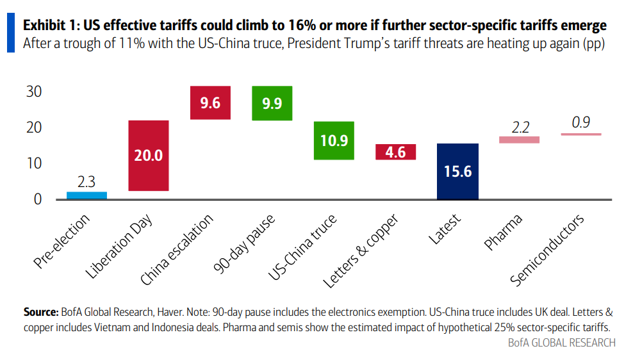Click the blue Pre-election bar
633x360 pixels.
click(86, 195)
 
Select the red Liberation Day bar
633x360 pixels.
click(149, 156)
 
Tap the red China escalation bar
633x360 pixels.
click(210, 102)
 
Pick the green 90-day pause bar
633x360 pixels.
click(272, 103)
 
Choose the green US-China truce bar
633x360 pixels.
click(334, 140)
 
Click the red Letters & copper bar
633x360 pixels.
click(395, 152)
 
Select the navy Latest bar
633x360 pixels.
click(457, 171)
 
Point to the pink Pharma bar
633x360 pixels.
click(519, 140)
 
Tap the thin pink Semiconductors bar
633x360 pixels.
click(580, 134)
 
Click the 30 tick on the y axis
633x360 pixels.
click(34, 92)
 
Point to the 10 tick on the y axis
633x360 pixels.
click(34, 163)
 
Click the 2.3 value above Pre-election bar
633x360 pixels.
click(86, 181)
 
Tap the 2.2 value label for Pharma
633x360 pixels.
click(519, 126)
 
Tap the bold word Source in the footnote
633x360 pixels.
click(41, 313)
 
